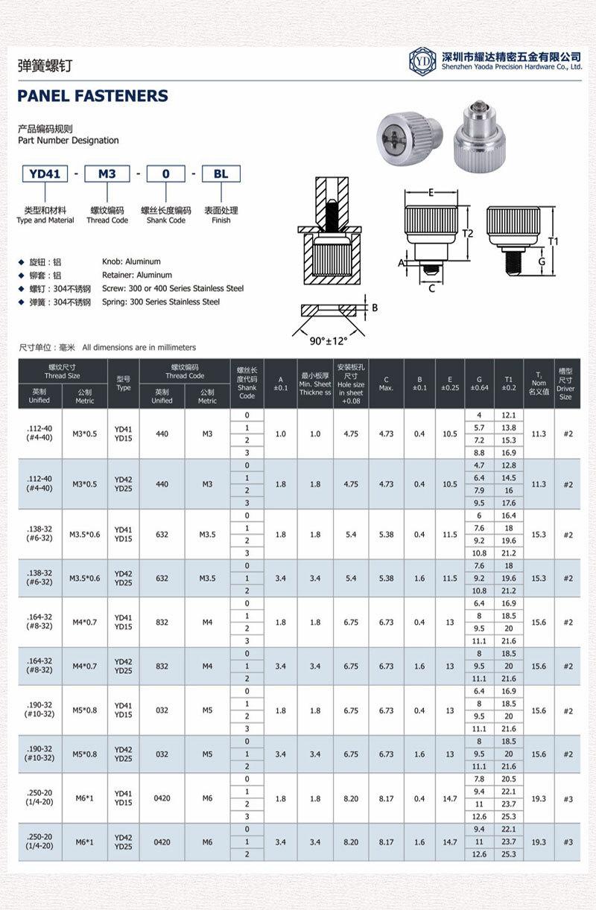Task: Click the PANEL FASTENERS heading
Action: (x=93, y=96)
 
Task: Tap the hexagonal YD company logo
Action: (x=422, y=61)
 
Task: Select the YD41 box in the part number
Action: (x=44, y=174)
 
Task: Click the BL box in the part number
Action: (x=221, y=174)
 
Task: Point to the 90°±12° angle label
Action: (x=329, y=340)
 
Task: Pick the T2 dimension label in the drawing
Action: (x=468, y=233)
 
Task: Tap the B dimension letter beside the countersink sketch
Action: (x=375, y=308)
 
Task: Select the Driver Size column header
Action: (x=565, y=383)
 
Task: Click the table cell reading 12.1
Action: (x=509, y=415)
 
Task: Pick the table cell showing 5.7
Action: (x=479, y=427)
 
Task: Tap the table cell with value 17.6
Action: (x=509, y=503)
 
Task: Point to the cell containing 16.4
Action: (x=509, y=515)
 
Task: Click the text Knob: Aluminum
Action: (x=131, y=261)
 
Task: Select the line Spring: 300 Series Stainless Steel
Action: (x=161, y=302)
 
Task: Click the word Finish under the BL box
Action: (x=221, y=220)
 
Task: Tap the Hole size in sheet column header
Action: (x=350, y=384)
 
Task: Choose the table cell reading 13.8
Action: (x=509, y=427)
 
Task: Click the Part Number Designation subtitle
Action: (x=69, y=140)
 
